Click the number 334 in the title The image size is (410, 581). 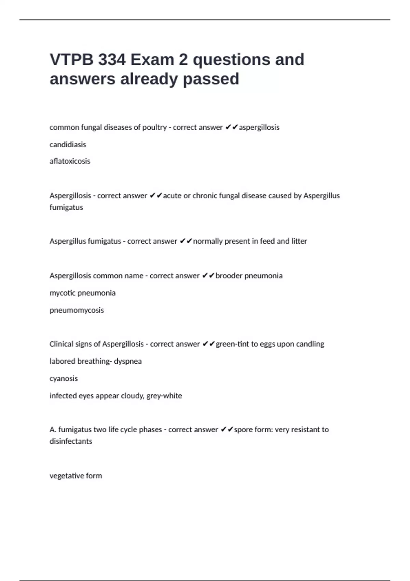[x=112, y=60]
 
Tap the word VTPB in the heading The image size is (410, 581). [x=71, y=60]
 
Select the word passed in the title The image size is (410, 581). [x=211, y=79]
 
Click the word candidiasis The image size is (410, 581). [x=68, y=145]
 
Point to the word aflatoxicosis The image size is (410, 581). [x=70, y=161]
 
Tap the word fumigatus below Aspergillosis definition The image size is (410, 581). [x=66, y=207]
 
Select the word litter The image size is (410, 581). [x=299, y=241]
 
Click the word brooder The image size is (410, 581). [x=229, y=276]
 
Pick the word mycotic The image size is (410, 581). [x=62, y=293]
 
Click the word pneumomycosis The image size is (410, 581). [x=77, y=310]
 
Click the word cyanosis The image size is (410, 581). [x=64, y=379]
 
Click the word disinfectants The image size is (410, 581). [x=71, y=441]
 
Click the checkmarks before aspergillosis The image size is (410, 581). [x=232, y=127]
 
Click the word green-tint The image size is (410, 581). [x=232, y=344]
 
